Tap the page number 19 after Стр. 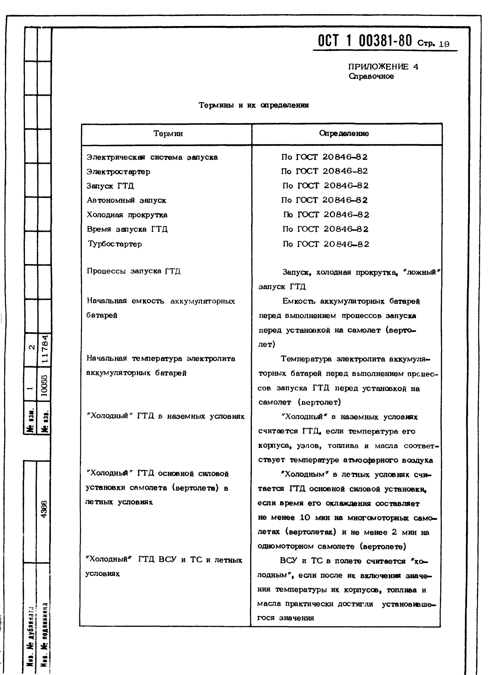[x=444, y=44]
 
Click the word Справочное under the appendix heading [x=371, y=76]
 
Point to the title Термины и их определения [x=254, y=105]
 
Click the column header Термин [x=168, y=134]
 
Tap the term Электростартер [x=118, y=172]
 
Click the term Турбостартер [x=115, y=244]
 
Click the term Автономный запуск [x=126, y=200]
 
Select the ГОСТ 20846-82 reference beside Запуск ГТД [x=325, y=186]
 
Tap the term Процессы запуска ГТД [x=134, y=271]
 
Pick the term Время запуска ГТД [x=127, y=229]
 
